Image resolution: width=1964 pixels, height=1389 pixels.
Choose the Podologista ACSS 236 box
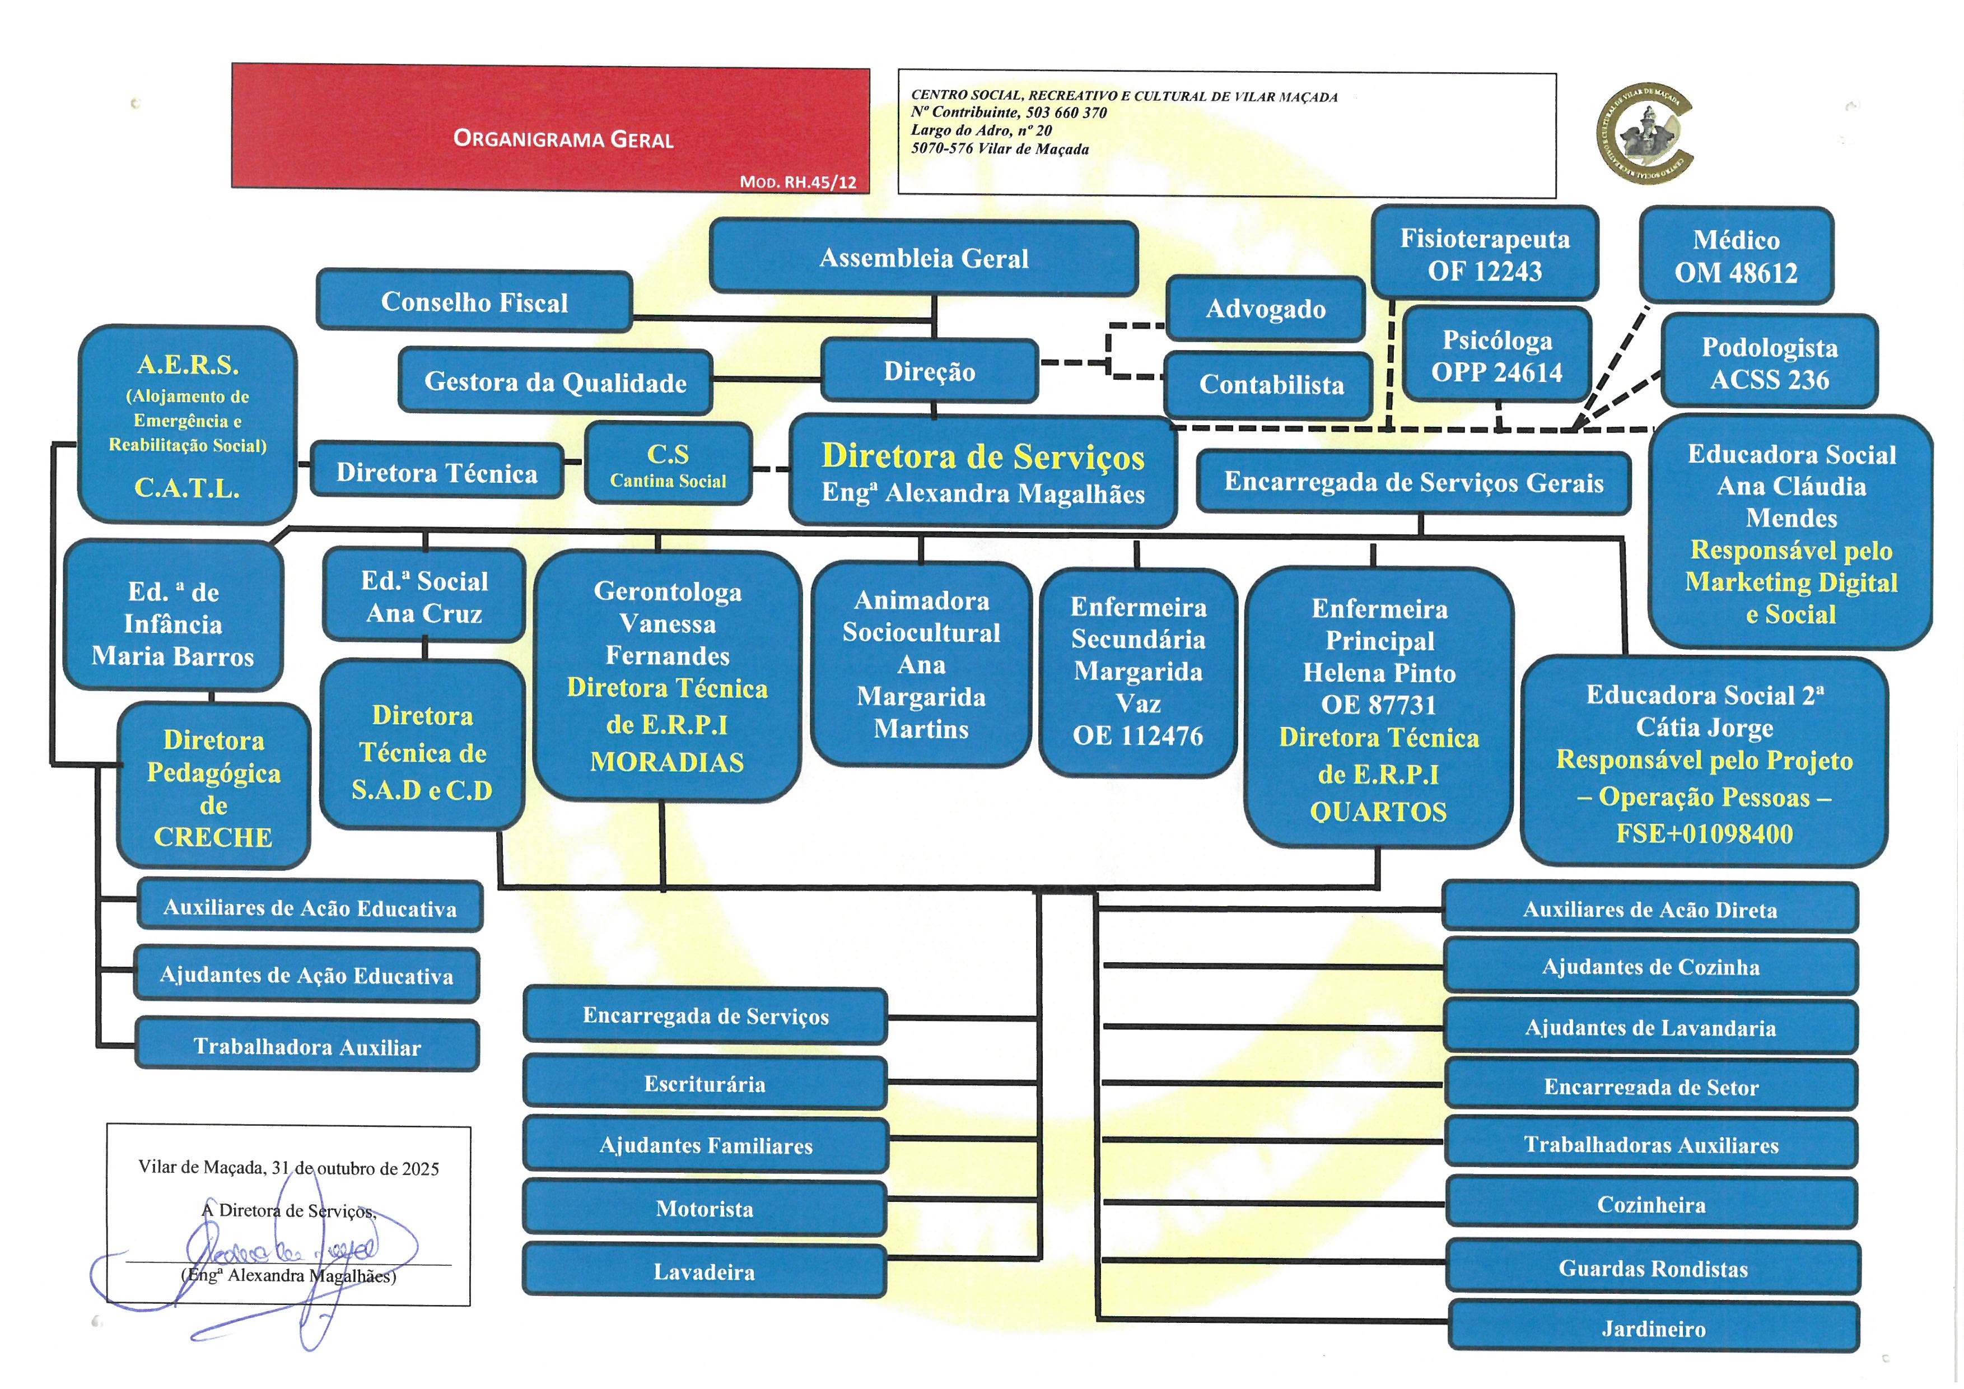pyautogui.click(x=1769, y=362)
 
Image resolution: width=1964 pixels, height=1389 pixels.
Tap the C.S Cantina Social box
pyautogui.click(x=668, y=464)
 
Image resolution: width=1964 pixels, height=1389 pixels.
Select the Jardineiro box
pyautogui.click(x=1653, y=1329)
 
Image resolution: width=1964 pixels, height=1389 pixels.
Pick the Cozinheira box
pyautogui.click(x=1651, y=1204)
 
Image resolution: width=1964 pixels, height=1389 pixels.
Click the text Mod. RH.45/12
pyautogui.click(x=797, y=182)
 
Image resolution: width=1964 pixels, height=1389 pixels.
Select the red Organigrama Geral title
pyautogui.click(x=563, y=138)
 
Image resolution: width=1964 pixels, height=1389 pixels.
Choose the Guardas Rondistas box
pyautogui.click(x=1653, y=1269)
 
